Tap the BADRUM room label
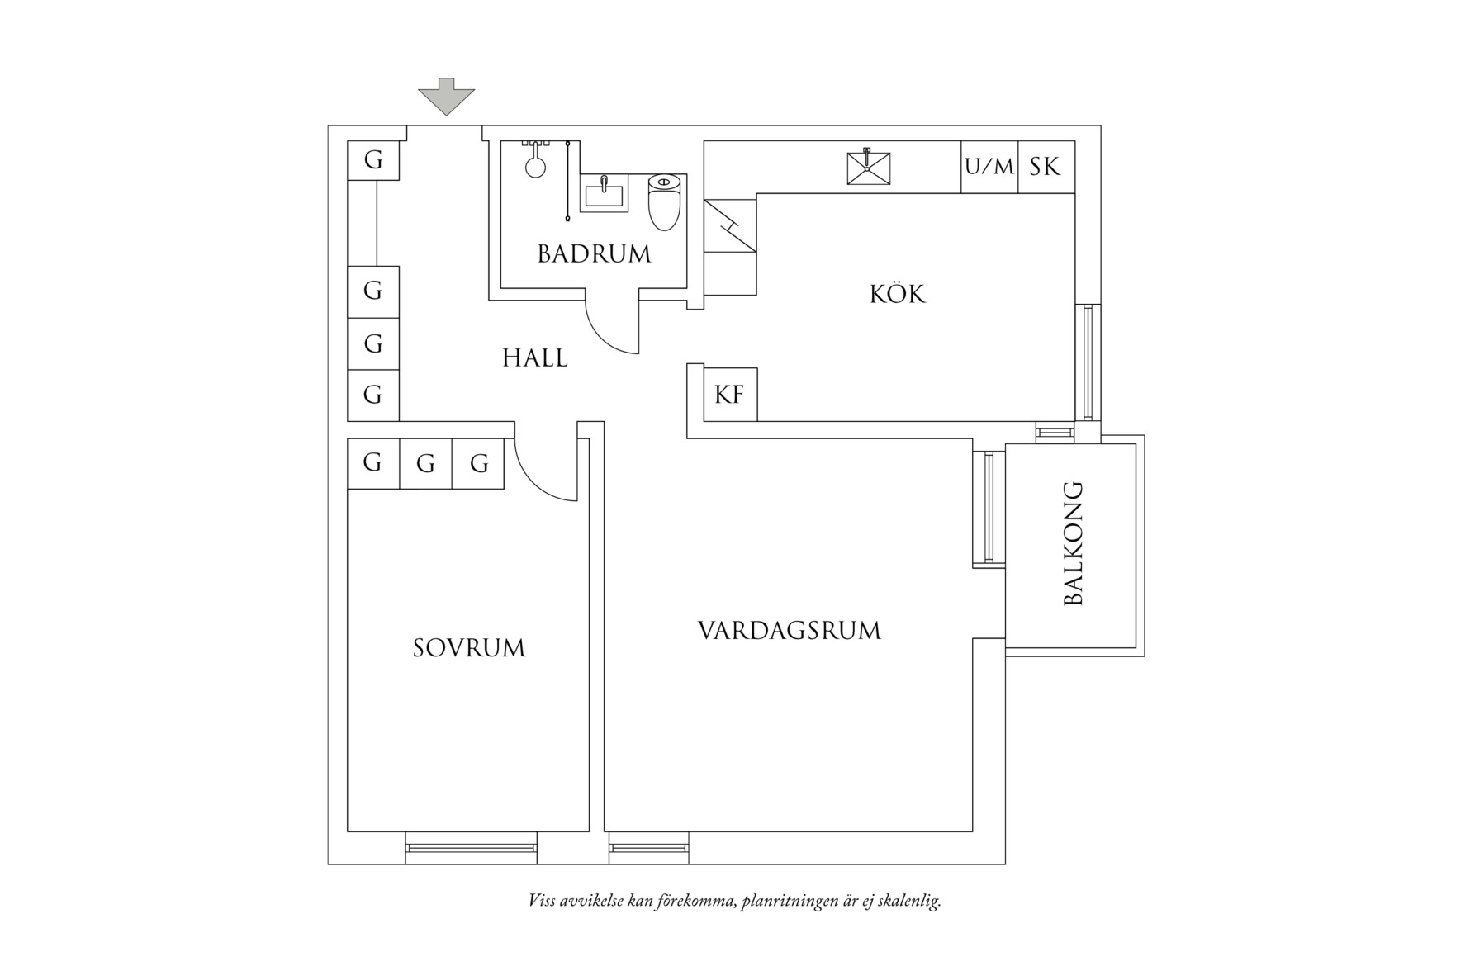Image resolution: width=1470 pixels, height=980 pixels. [595, 253]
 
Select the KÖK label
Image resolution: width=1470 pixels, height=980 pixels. [898, 293]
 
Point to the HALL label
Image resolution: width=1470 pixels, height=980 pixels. [535, 358]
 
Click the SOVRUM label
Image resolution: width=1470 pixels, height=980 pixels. [469, 648]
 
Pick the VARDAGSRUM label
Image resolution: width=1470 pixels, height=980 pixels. [790, 631]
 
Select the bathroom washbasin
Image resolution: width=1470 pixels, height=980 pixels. [604, 194]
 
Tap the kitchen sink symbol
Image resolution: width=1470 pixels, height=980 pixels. [869, 168]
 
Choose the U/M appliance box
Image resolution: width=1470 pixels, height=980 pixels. [989, 167]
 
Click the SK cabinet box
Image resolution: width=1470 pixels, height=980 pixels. [1046, 167]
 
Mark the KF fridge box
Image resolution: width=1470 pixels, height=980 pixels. [730, 395]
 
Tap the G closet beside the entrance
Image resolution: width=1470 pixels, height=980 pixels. [373, 160]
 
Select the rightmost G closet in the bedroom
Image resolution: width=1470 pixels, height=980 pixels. [478, 464]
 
